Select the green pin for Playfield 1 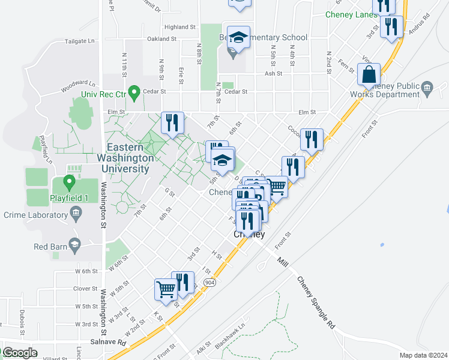(x=70, y=181)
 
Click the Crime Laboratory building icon (x=76, y=213)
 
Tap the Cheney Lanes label (x=349, y=14)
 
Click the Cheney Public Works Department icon (x=427, y=89)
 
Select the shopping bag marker (x=369, y=75)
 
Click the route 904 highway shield (x=209, y=282)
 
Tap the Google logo (x=19, y=353)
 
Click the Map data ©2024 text (x=423, y=355)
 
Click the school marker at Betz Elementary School (x=238, y=38)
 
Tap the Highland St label (x=180, y=27)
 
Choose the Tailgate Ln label (x=83, y=41)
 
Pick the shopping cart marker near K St (x=166, y=289)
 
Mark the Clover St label (x=85, y=289)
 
